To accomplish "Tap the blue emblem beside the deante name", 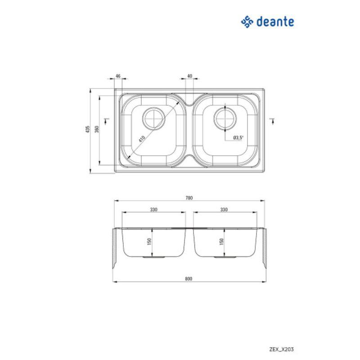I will coord(248,21).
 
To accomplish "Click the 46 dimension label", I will coord(117,76).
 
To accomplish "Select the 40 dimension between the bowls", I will coord(189,76).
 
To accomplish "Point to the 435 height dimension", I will coord(88,130).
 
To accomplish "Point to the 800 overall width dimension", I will coord(189,279).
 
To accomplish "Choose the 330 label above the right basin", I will coord(224,209).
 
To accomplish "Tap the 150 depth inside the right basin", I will coord(221,242).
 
